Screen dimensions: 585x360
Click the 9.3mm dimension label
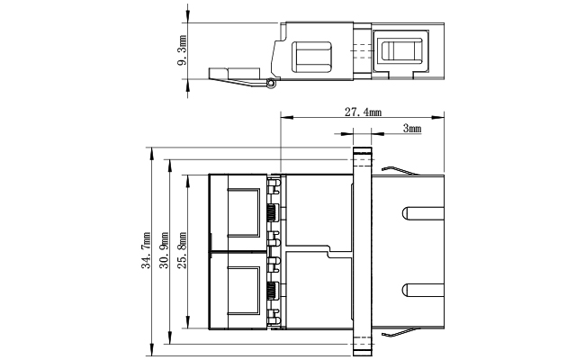pyautogui.click(x=182, y=50)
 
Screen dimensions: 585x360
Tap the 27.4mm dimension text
pyautogui.click(x=363, y=112)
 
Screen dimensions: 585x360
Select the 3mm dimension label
pyautogui.click(x=412, y=129)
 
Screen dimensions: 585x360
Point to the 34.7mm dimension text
pyautogui.click(x=146, y=250)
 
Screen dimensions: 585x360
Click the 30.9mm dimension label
pyautogui.click(x=164, y=250)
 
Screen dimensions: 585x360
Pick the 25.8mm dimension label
pyautogui.click(x=182, y=250)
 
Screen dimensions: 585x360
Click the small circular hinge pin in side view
pyautogui.click(x=271, y=83)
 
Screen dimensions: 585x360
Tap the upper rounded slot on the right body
pyautogui.click(x=423, y=213)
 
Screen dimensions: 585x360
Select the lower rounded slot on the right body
pyautogui.click(x=423, y=290)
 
